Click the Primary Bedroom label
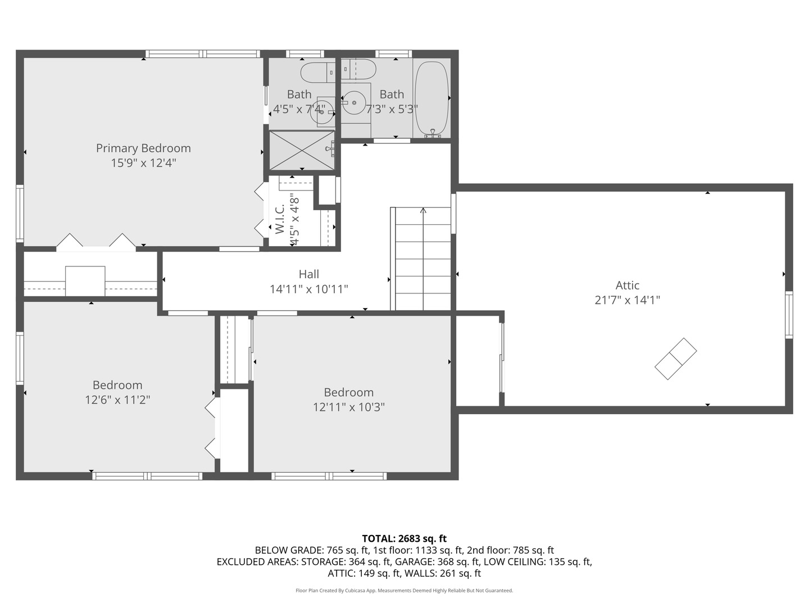click(x=143, y=148)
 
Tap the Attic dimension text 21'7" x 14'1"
click(x=627, y=300)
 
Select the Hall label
click(x=308, y=274)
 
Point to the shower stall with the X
click(x=302, y=150)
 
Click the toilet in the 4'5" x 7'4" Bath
click(x=317, y=73)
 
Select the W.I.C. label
click(x=279, y=219)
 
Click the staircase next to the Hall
click(x=422, y=259)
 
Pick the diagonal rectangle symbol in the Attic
click(x=675, y=359)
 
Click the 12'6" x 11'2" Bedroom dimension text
click(x=117, y=400)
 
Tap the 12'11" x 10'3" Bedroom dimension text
click(x=348, y=407)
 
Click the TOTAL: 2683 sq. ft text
click(x=404, y=538)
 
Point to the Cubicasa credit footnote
click(x=404, y=591)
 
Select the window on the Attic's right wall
click(x=789, y=315)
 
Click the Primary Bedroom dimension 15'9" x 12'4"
click(x=143, y=164)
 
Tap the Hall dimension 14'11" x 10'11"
click(x=308, y=289)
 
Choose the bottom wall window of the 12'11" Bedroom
click(x=329, y=476)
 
